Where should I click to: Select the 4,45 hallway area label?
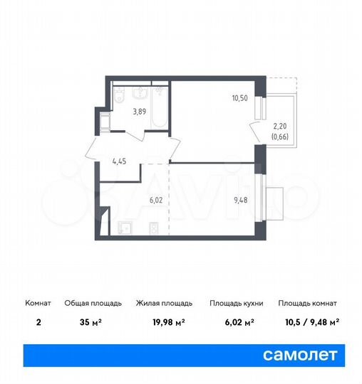120,161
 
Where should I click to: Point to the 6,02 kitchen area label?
155,200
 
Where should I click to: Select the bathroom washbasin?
140,92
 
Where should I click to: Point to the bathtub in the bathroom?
160,107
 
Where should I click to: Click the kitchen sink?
123,228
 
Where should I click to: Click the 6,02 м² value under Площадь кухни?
236,321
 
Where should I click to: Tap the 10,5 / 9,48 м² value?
308,321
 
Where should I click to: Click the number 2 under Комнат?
38,321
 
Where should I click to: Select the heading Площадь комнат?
308,303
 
